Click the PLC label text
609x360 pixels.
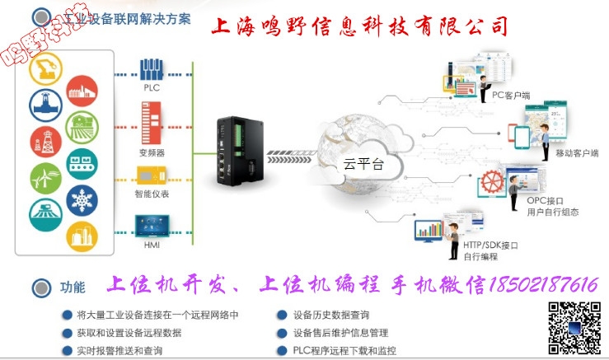tap(151, 87)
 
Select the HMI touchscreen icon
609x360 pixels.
tap(151, 223)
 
